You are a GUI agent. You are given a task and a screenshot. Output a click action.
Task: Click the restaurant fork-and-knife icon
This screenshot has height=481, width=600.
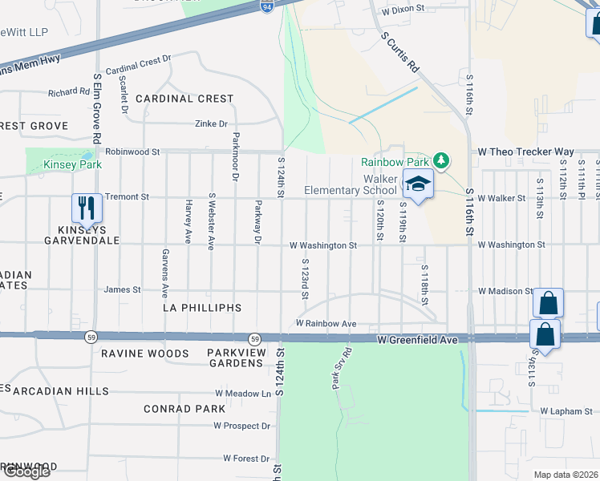pos(87,208)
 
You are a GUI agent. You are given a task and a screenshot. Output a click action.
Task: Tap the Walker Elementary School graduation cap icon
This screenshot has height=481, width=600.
pos(417,184)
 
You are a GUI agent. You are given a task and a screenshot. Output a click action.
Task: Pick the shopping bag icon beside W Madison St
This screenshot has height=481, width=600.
pos(548,304)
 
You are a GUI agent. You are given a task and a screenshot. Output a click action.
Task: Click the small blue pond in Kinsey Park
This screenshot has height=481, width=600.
pos(86,156)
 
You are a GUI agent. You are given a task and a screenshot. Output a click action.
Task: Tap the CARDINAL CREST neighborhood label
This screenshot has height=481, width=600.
pos(184,99)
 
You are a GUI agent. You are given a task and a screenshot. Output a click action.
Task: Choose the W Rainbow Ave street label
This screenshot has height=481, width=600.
pos(326,324)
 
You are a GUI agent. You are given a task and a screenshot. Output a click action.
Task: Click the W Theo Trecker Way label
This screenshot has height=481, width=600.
pos(525,152)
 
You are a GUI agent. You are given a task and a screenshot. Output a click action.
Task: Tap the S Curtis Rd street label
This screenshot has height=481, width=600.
pos(400,53)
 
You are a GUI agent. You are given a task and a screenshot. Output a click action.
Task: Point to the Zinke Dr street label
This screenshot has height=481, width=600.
pos(212,124)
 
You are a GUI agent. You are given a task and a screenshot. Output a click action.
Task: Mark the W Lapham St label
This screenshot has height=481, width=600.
pos(565,411)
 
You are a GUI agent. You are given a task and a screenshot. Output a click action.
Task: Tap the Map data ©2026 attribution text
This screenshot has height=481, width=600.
pos(565,475)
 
